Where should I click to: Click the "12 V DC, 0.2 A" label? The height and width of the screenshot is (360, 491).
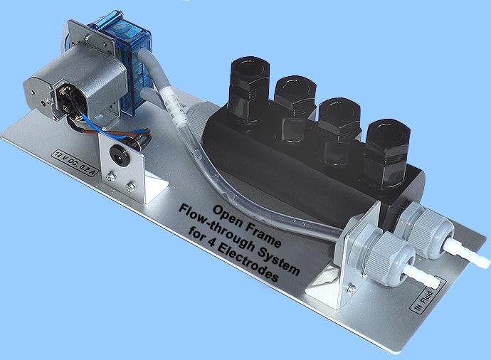click(x=74, y=164)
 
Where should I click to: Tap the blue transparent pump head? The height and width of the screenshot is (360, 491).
click(x=124, y=63)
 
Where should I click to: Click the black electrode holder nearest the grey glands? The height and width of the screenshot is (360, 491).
click(x=387, y=154)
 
